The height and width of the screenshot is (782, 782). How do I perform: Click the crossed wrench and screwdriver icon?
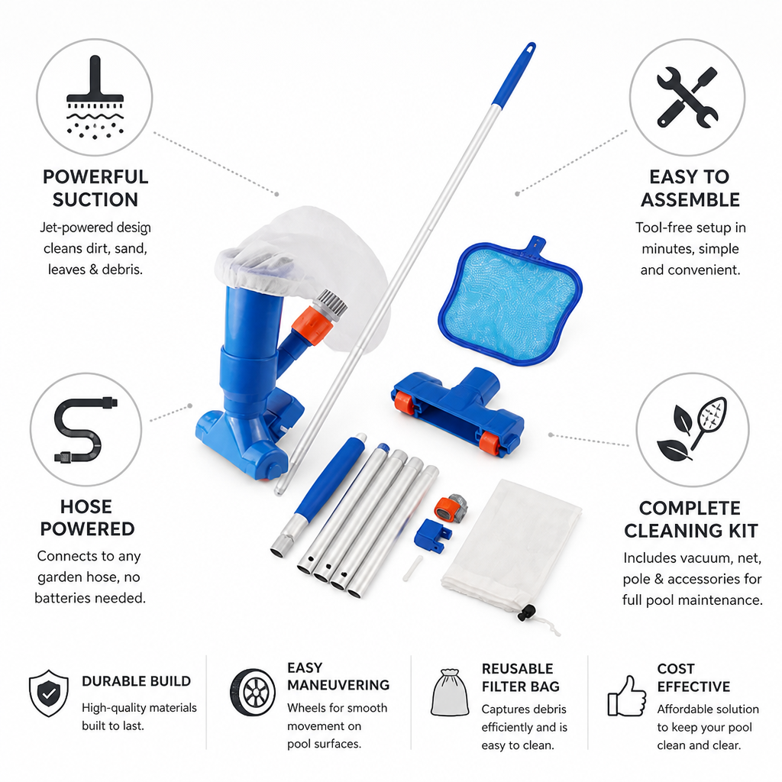(x=687, y=97)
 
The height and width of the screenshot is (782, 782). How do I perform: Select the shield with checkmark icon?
(x=48, y=693)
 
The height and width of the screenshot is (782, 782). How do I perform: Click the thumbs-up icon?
(x=626, y=696)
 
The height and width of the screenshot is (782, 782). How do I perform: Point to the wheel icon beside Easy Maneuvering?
(x=252, y=692)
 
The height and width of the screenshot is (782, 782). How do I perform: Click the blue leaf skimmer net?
(x=509, y=301)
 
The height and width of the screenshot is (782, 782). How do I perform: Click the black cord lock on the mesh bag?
(x=527, y=613)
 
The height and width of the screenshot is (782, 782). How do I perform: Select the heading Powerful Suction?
(x=95, y=188)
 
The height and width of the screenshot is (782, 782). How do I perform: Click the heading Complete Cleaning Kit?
(x=690, y=519)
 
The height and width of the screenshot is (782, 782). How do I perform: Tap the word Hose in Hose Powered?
(x=86, y=507)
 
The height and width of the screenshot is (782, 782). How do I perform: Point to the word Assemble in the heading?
(x=690, y=200)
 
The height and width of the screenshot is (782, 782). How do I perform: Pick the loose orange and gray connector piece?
(x=450, y=508)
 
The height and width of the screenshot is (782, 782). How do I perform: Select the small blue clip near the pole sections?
(x=431, y=535)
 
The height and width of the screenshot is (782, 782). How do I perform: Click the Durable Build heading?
(x=136, y=681)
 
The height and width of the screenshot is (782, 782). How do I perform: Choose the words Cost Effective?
(x=693, y=677)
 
